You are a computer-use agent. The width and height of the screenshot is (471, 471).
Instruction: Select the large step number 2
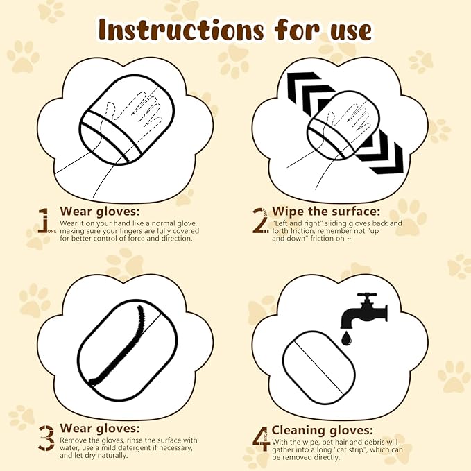[x=259, y=220]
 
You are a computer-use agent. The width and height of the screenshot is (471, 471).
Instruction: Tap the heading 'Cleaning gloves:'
[x=322, y=430]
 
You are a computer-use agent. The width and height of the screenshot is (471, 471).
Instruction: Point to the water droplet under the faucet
[x=345, y=339]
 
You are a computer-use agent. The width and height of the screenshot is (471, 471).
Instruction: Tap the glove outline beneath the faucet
[x=318, y=366]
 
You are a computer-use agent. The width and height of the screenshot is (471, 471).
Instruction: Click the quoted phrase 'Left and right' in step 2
[x=291, y=223]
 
